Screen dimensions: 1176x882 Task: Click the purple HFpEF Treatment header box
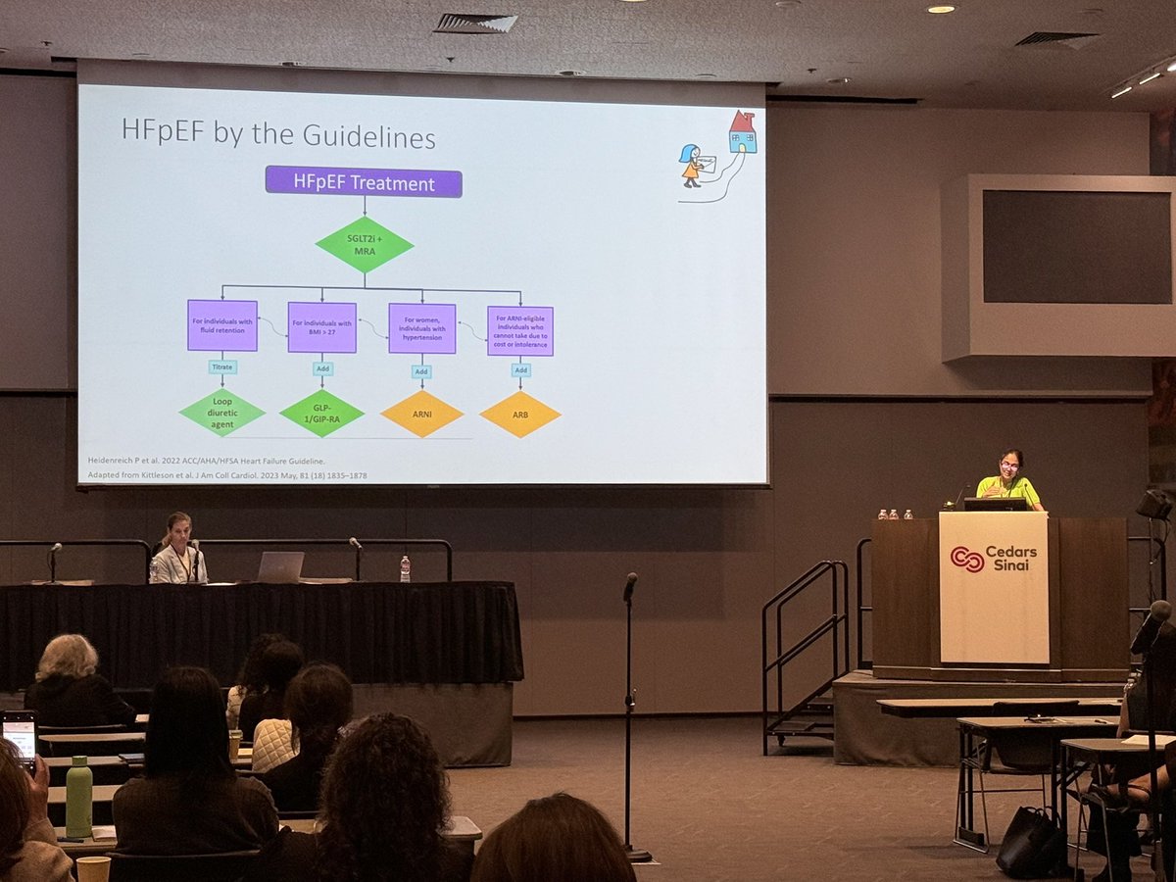[x=364, y=182]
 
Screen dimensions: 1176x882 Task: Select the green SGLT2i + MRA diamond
[x=365, y=244]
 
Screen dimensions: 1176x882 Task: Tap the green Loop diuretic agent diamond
[x=221, y=413]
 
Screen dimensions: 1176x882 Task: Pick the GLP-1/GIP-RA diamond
[x=321, y=413]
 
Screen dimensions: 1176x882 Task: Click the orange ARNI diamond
[x=421, y=414]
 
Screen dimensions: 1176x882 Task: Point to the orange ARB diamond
[x=520, y=414]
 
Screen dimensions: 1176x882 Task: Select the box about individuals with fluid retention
[x=222, y=325]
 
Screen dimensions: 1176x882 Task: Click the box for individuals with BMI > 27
[x=321, y=326]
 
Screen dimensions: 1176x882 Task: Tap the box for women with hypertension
[x=421, y=327]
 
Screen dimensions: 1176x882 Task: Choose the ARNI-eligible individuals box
[x=520, y=330]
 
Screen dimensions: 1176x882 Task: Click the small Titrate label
[x=222, y=367]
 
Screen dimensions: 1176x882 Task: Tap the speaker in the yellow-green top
[x=1009, y=480]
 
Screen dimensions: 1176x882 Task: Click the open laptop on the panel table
[x=279, y=566]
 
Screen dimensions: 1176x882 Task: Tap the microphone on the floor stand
[x=629, y=585]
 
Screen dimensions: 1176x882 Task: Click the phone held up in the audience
[x=19, y=737]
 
